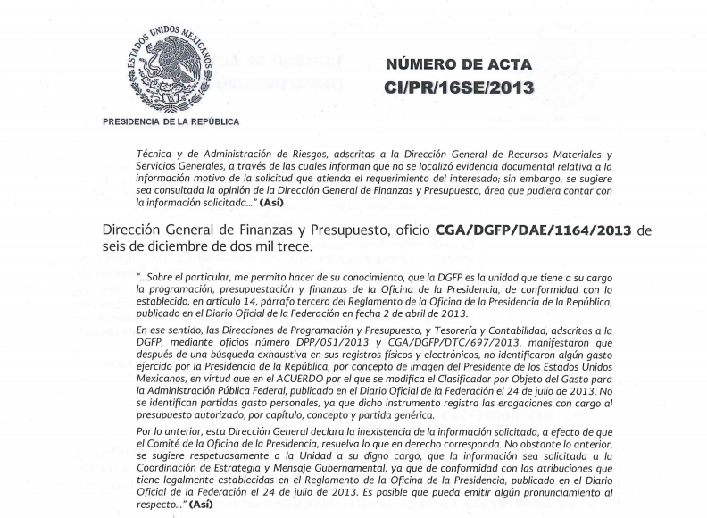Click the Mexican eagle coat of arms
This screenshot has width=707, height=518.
(x=170, y=69)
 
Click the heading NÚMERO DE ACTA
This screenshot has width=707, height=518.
(x=459, y=64)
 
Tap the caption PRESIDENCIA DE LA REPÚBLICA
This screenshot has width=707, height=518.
(x=171, y=121)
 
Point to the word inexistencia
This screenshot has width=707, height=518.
(x=340, y=431)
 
